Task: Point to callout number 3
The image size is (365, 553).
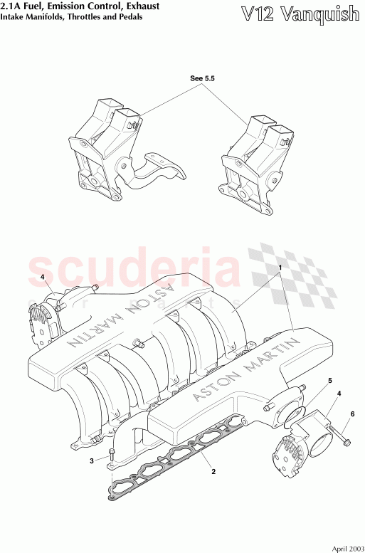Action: pos(92,461)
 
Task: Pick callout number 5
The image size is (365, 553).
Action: pos(329,381)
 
